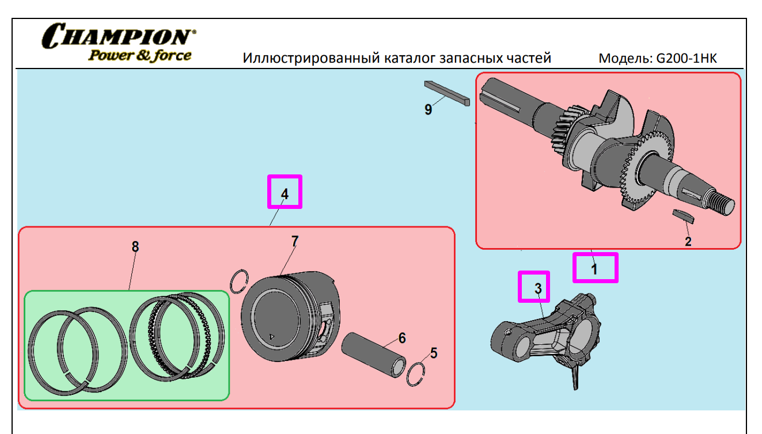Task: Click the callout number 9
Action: pos(428,109)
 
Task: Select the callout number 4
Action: pos(285,194)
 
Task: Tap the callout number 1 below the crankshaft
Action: pos(594,269)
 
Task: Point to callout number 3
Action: pos(538,288)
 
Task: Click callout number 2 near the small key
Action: pos(688,241)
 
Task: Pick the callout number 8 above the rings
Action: pos(135,247)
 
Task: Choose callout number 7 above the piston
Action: pos(294,241)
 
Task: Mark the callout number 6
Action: pos(402,338)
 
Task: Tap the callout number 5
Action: pos(433,353)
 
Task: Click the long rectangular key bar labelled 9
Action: pos(447,93)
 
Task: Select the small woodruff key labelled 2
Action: pos(683,216)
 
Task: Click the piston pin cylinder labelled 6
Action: pos(374,355)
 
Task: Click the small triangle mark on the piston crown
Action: pos(271,337)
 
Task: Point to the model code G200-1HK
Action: pos(686,59)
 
